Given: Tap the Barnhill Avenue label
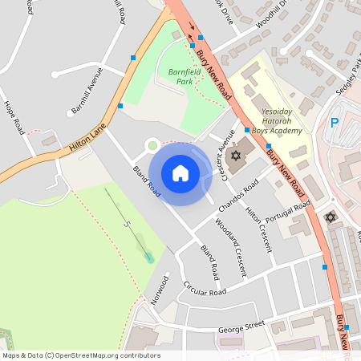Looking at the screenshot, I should click(87, 92).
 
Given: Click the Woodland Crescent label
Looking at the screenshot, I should click(237, 253).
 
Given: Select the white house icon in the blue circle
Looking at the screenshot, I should click(180, 173).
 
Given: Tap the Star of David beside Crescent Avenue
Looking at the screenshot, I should click(236, 155).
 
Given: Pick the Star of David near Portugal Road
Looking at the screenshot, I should click(330, 217).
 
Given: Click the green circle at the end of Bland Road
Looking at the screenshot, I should click(152, 144).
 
